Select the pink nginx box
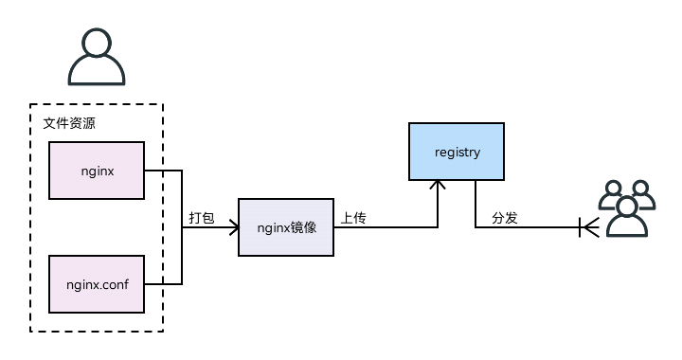(x=96, y=171)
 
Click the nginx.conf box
(x=96, y=283)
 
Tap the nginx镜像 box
(x=285, y=227)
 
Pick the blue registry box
(x=457, y=152)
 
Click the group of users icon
(x=627, y=208)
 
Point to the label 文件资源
(x=69, y=123)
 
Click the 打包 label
(x=202, y=218)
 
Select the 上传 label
(x=353, y=218)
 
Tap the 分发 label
(x=504, y=218)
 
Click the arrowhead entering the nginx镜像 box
(x=232, y=227)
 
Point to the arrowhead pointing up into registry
(x=438, y=187)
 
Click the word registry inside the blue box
(x=457, y=152)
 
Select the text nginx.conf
(x=96, y=283)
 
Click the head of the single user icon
(x=96, y=44)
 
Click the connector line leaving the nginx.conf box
(x=162, y=283)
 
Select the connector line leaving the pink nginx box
(x=162, y=171)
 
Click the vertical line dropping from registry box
(x=476, y=204)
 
